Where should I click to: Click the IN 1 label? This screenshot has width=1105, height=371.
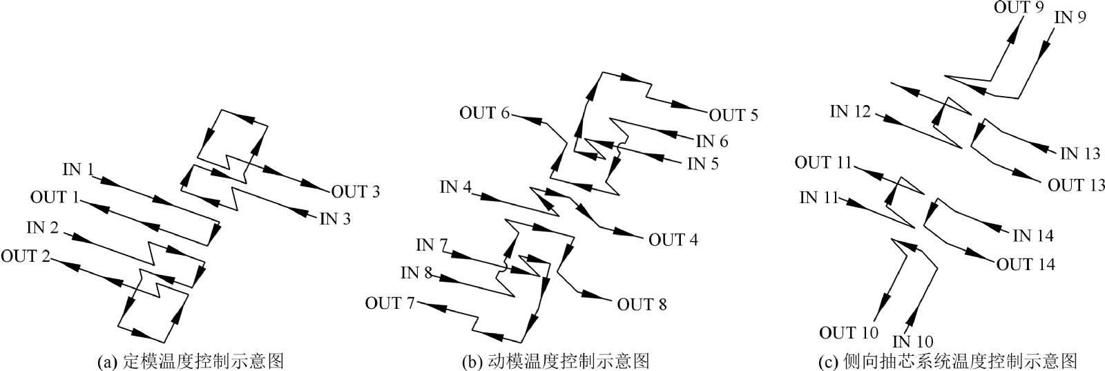click(x=79, y=169)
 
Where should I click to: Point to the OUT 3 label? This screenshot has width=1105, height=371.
click(x=356, y=192)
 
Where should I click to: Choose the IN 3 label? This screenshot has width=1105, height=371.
click(x=335, y=220)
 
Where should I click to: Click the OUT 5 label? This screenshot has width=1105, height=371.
click(x=733, y=115)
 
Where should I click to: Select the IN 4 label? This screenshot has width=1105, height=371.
click(x=457, y=187)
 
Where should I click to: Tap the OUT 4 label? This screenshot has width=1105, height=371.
click(x=673, y=240)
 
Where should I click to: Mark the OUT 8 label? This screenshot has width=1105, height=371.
click(x=642, y=304)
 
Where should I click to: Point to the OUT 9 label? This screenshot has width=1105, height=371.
click(x=1019, y=8)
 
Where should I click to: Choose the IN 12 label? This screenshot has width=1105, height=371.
click(x=850, y=111)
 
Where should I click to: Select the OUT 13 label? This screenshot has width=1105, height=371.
click(x=1076, y=185)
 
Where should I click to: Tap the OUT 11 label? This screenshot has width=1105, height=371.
click(x=823, y=163)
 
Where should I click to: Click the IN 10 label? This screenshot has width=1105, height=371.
click(x=913, y=341)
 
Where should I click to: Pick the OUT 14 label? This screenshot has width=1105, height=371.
click(x=1026, y=265)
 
